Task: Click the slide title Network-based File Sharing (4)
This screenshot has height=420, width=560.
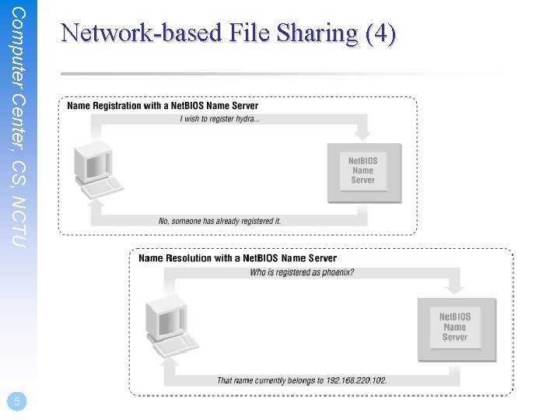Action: pos(228,33)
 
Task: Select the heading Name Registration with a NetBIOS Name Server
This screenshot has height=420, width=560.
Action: pos(163,106)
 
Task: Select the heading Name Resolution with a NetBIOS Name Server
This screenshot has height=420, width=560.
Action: pos(237,258)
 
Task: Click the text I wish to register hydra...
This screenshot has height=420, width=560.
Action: pos(220,119)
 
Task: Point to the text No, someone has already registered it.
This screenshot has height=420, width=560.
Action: pos(219,221)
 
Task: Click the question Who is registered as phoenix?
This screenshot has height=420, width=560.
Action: pos(302,272)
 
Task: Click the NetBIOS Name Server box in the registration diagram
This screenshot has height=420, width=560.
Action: pos(362,170)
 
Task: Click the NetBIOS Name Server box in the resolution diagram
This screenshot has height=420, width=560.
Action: pos(455,327)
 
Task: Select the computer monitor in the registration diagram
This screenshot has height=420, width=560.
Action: pos(90,162)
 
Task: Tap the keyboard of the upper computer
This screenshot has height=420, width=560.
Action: pos(104,187)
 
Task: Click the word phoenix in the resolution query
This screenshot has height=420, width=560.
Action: pos(336,272)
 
